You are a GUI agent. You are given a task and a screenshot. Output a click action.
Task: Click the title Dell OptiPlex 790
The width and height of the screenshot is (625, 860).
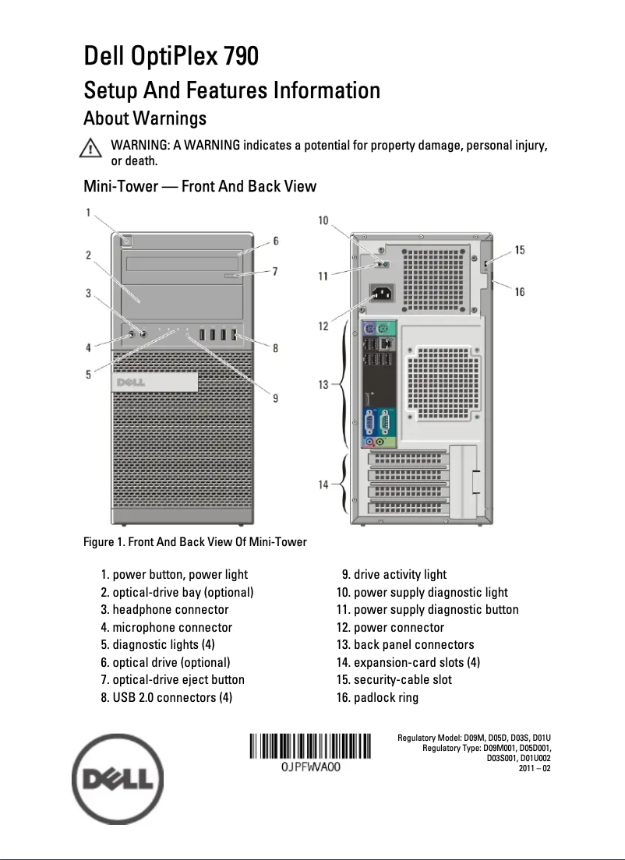[x=171, y=57]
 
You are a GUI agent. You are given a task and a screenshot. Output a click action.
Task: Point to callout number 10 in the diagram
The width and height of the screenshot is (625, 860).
[x=323, y=221]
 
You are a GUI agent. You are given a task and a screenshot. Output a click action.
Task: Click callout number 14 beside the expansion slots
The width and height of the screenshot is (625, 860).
[x=323, y=485]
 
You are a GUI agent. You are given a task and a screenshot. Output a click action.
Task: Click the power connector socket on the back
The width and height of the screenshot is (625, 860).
[x=382, y=294]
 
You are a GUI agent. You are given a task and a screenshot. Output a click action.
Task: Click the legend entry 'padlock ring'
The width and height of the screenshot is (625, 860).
[x=386, y=697]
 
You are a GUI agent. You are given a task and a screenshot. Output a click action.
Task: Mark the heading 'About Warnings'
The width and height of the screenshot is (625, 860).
[x=145, y=118]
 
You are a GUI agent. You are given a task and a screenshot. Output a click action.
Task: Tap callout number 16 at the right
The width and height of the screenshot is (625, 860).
[x=519, y=291]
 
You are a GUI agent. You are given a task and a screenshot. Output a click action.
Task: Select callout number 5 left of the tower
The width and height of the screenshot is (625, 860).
[x=88, y=375]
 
